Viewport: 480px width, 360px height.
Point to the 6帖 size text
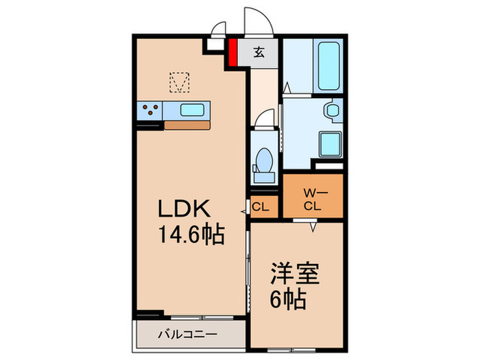(x=287, y=300)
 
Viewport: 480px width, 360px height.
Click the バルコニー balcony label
(x=190, y=335)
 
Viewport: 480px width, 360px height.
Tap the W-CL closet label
(x=313, y=199)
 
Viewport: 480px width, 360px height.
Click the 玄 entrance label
(x=259, y=52)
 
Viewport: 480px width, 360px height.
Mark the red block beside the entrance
(x=232, y=53)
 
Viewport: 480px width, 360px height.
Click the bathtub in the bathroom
(x=328, y=65)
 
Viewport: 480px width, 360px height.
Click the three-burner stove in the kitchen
(x=151, y=109)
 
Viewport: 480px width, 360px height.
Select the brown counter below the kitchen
(x=187, y=125)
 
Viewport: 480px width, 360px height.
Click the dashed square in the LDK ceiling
(x=179, y=83)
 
